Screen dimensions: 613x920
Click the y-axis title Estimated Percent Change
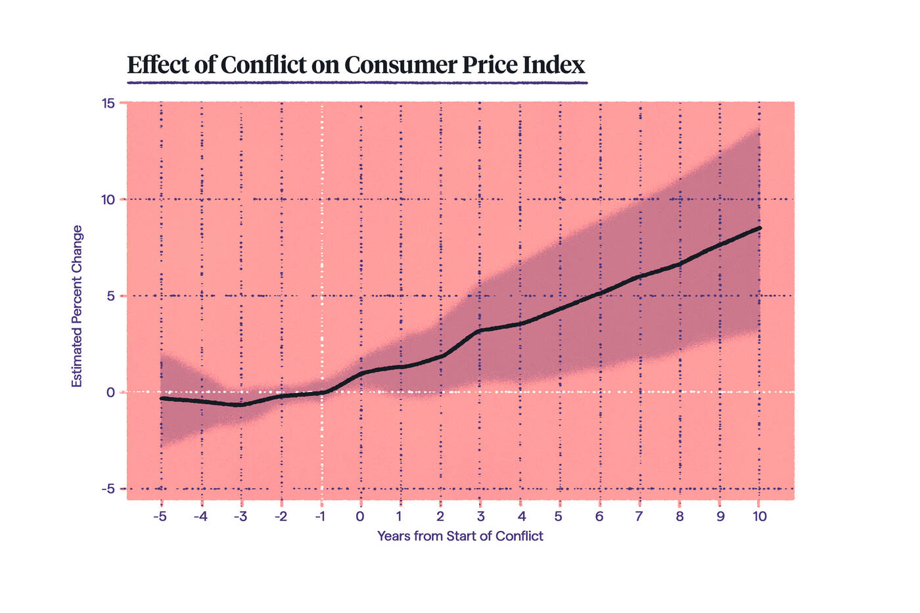click(x=77, y=306)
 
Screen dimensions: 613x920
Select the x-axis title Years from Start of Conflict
click(x=460, y=536)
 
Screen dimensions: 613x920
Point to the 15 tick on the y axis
click(x=108, y=103)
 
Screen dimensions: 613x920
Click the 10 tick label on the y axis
click(x=108, y=200)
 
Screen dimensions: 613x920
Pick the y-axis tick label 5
click(x=111, y=296)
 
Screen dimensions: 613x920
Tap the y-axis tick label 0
click(x=111, y=393)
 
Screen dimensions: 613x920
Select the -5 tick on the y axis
click(x=108, y=489)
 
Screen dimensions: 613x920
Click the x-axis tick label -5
click(x=160, y=516)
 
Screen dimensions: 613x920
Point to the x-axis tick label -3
click(x=240, y=516)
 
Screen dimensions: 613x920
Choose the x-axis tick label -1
click(x=320, y=516)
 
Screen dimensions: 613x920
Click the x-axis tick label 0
click(x=360, y=516)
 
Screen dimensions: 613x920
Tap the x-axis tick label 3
click(x=480, y=516)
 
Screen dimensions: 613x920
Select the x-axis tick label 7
click(x=639, y=516)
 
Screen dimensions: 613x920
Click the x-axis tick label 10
click(x=760, y=516)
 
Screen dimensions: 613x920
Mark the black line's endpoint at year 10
click(x=760, y=228)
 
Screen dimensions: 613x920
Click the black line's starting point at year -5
click(x=162, y=398)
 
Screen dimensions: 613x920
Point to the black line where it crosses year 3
click(x=480, y=330)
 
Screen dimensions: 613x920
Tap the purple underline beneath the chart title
click(x=357, y=83)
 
